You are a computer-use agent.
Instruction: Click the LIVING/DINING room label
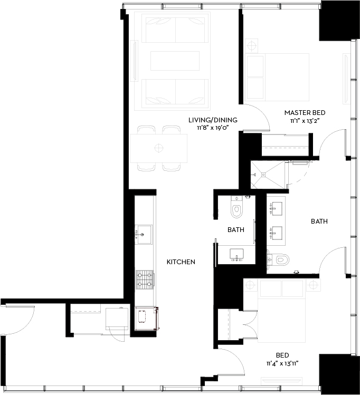(x=213, y=120)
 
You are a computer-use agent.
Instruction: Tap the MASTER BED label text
(x=305, y=113)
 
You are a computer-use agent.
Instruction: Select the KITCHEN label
(x=181, y=262)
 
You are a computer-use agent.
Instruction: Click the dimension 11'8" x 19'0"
(x=213, y=128)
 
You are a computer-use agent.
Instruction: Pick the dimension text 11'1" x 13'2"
(x=305, y=121)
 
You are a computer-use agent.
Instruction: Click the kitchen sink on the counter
(x=143, y=233)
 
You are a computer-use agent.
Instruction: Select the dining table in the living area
(x=159, y=148)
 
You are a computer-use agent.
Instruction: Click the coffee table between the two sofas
(x=175, y=61)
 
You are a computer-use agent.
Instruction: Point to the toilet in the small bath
(x=236, y=210)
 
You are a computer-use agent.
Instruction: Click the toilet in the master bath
(x=280, y=259)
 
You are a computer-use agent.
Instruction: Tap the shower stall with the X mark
(x=268, y=174)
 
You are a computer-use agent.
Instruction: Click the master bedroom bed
(x=277, y=77)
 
